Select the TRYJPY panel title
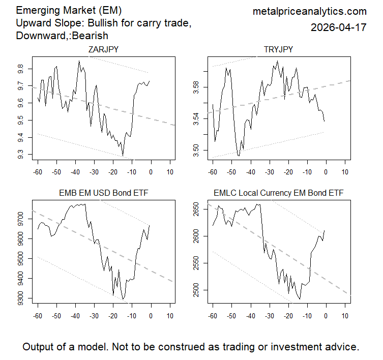[x=278, y=49]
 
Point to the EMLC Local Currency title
[x=278, y=193]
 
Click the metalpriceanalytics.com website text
[x=309, y=11]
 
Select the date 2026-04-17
[x=338, y=28]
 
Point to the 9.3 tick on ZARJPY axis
[x=20, y=154]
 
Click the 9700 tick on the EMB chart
[x=20, y=219]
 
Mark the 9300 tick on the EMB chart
[x=20, y=298]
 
